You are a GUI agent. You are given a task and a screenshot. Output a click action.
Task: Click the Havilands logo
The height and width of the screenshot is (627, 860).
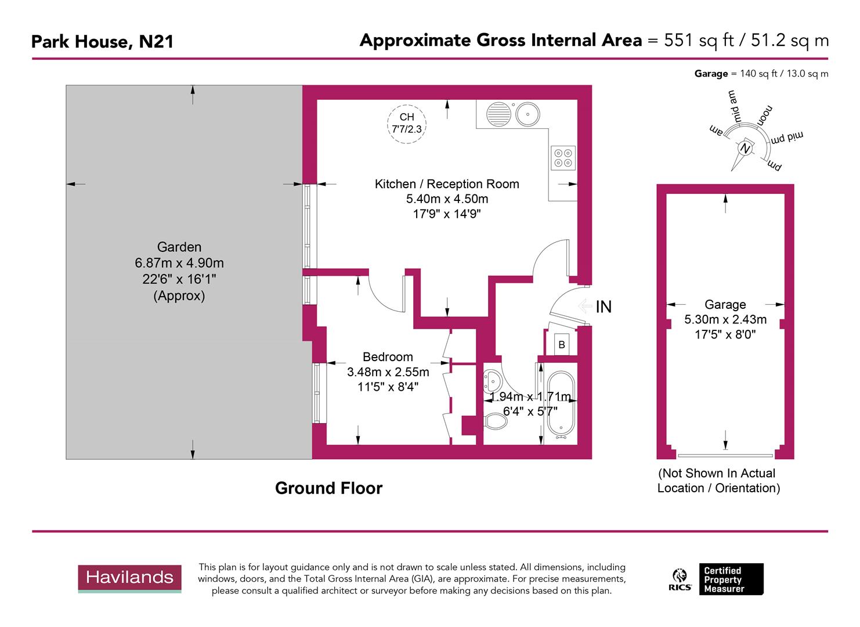[129, 578]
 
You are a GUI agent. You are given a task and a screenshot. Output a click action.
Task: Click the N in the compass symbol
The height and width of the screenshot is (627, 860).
[745, 149]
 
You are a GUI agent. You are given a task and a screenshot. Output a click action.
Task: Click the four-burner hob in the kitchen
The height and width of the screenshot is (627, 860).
[562, 157]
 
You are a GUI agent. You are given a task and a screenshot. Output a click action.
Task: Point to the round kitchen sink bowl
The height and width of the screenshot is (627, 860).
[527, 114]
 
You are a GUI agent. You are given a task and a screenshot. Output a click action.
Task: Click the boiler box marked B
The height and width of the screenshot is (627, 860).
[561, 344]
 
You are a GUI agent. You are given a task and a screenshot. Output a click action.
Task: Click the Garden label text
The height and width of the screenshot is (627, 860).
[179, 247]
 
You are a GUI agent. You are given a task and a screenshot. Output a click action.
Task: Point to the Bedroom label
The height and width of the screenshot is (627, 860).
[388, 357]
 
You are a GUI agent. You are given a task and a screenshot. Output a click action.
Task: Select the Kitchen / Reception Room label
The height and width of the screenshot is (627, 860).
[447, 184]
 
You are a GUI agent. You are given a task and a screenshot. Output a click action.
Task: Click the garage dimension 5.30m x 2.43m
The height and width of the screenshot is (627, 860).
[725, 319]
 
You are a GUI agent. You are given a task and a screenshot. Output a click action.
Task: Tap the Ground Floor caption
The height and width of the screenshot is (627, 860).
[328, 488]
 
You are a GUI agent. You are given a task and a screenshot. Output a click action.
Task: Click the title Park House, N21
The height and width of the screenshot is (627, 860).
[102, 41]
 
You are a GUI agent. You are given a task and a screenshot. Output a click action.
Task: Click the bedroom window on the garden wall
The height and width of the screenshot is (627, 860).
[317, 393]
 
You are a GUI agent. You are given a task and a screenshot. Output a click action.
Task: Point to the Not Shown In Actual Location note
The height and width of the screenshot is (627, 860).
[718, 481]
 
